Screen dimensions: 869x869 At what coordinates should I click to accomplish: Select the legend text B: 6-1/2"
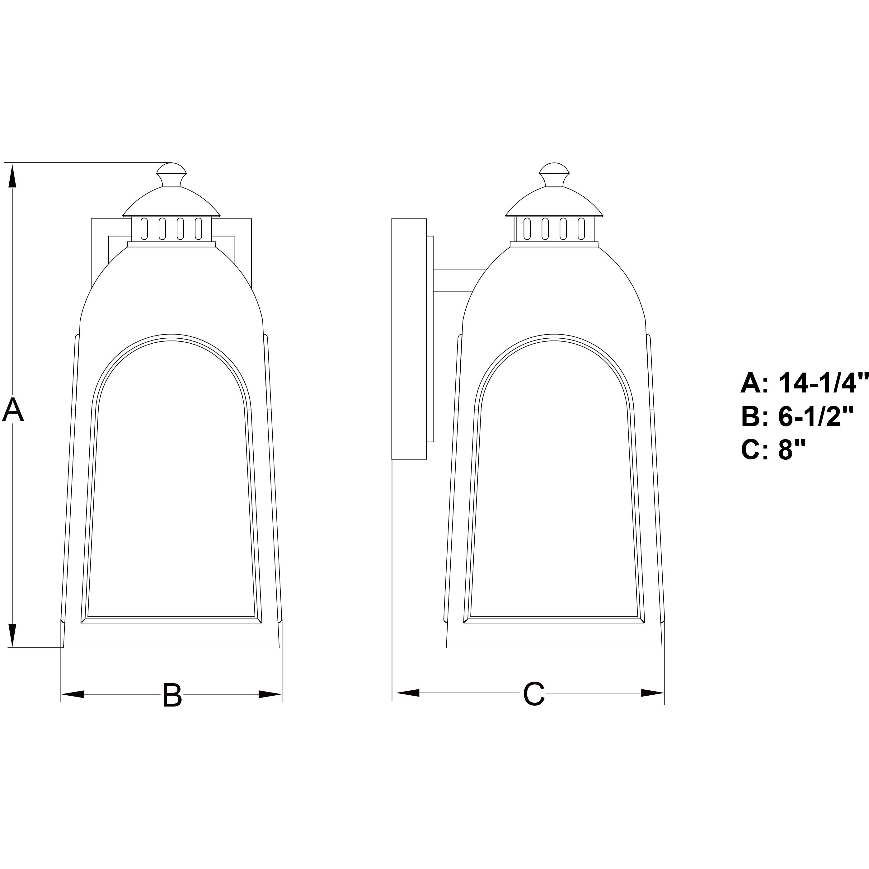pos(797,416)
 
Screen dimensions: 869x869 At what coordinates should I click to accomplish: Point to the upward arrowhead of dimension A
pos(12,176)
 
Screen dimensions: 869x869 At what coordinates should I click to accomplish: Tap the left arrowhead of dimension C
pos(407,693)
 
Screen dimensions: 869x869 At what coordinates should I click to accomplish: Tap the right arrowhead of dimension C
pos(652,693)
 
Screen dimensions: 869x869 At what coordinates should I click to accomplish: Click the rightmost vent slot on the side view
pos(581,228)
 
